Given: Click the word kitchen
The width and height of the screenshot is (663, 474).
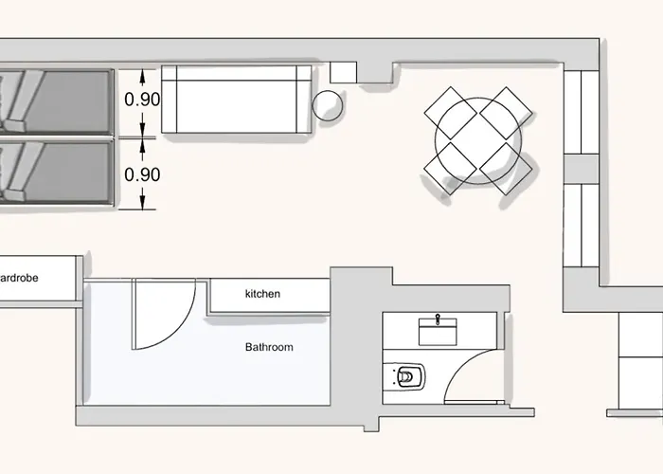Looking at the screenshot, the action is (262, 294).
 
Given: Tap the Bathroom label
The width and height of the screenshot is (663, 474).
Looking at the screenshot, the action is (269, 347).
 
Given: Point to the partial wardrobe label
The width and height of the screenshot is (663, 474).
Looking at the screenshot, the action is (19, 278).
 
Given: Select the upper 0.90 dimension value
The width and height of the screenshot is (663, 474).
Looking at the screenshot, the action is (142, 100).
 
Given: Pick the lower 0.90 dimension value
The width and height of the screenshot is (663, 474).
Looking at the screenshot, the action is (142, 174).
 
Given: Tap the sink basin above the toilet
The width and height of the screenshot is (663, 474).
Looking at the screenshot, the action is (438, 332).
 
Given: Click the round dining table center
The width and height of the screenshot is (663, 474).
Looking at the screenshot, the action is (478, 141).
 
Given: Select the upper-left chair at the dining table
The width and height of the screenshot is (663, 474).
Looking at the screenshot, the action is (451, 113).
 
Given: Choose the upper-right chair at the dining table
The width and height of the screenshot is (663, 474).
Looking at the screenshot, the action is (506, 113).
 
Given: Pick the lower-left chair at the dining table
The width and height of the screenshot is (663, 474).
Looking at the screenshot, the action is (451, 169).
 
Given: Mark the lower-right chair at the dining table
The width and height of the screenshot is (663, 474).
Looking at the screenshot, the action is (506, 169).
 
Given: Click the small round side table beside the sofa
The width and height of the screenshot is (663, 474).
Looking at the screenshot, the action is (327, 105).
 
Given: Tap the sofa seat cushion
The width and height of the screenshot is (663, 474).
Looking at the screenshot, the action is (237, 106).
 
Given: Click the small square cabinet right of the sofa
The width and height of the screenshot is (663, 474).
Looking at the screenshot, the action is (343, 72).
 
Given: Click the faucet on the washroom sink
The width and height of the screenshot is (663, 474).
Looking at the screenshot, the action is (438, 319).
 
